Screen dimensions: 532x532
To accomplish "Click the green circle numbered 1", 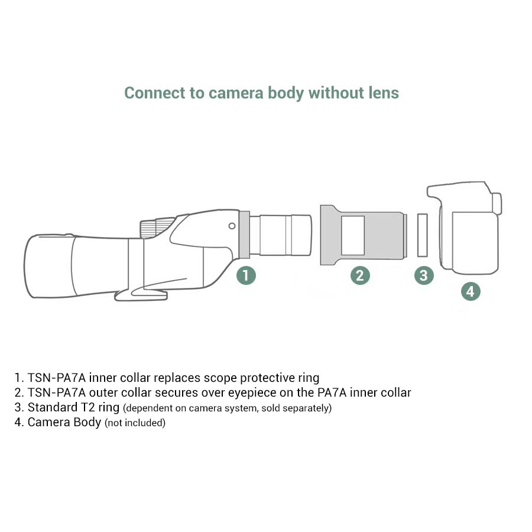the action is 246,275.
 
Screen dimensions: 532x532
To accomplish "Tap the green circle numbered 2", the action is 360,275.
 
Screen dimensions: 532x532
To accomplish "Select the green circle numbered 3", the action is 424,275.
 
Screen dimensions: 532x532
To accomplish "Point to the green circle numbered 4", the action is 471,291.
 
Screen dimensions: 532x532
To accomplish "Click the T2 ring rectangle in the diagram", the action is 423,235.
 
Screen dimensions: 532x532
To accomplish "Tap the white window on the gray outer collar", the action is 353,235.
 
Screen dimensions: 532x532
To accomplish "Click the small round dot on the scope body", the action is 232,226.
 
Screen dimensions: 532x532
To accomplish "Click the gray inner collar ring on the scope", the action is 245,235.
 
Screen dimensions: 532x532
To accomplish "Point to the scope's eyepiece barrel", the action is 281,235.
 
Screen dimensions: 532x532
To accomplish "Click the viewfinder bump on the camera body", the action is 497,203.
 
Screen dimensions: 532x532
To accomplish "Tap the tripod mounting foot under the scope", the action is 141,294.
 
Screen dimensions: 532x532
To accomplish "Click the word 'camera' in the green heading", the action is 236,93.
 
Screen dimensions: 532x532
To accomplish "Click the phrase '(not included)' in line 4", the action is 135,423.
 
